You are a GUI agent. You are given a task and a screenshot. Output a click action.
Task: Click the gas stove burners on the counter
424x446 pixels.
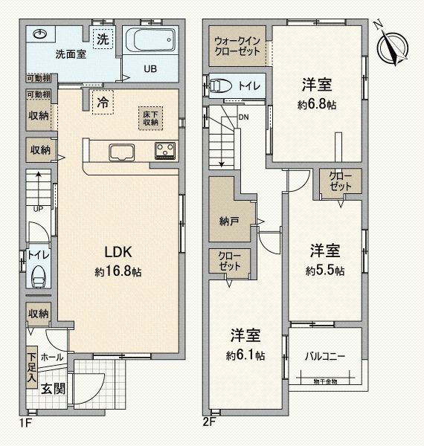click(165, 151)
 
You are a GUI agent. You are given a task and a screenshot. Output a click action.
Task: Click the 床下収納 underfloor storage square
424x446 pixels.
click(150, 117)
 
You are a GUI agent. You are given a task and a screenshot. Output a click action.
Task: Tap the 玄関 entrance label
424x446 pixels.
click(51, 387)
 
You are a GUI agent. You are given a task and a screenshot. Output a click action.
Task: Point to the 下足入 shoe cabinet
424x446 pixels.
click(32, 366)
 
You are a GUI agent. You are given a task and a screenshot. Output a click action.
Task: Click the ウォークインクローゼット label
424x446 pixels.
click(236, 45)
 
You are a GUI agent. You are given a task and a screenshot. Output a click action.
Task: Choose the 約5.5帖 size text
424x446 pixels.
click(325, 271)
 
